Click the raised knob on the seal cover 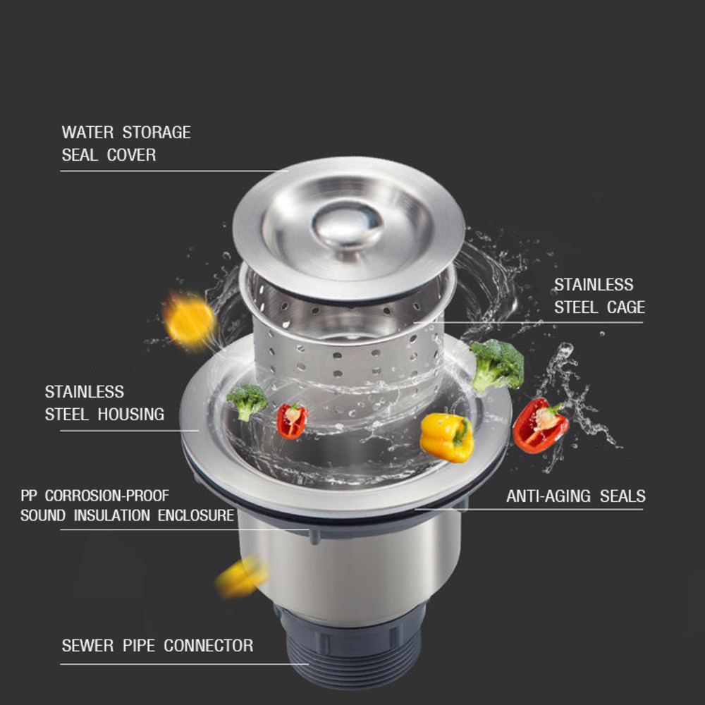pos(347,225)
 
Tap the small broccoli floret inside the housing pos(247,402)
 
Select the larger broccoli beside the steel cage pos(497,365)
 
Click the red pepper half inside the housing pos(292,421)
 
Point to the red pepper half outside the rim pos(540,425)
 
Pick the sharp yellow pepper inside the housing pos(447,438)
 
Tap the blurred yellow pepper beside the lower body pos(243,577)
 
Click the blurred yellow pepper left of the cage pos(189,321)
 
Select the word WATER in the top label pos(87,133)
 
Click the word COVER pos(131,154)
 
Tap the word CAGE pos(626,307)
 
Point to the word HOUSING pos(131,414)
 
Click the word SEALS pos(623,496)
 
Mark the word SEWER pos(87,646)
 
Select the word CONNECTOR pos(208,646)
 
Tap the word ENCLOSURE pos(196,515)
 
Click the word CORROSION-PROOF pos(107,496)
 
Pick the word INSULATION pos(112,515)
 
